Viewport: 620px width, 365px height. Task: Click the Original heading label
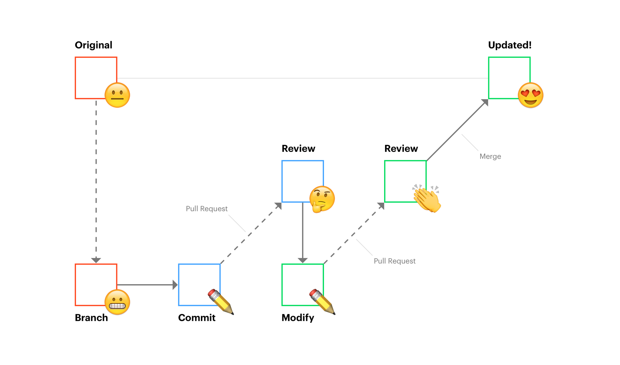click(93, 45)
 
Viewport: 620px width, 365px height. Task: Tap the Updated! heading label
click(510, 45)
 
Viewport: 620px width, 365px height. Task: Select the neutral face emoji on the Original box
click(117, 95)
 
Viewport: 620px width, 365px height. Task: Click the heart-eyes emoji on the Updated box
click(530, 95)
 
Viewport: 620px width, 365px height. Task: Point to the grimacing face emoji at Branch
click(117, 302)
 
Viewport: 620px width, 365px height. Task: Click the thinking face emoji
click(322, 199)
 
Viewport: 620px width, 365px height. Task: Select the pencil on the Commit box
click(221, 301)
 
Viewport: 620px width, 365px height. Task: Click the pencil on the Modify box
click(322, 301)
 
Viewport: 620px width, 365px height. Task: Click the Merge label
click(490, 156)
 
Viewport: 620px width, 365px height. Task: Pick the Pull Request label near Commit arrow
click(206, 209)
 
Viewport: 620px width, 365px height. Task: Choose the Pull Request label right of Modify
click(394, 261)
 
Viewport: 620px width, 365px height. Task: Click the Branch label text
click(91, 318)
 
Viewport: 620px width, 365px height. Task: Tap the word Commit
click(197, 318)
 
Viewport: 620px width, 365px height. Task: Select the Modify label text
click(298, 318)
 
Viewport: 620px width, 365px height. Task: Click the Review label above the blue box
click(298, 149)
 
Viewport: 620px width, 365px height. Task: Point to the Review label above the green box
click(401, 149)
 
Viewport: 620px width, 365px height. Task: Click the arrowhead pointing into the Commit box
click(175, 285)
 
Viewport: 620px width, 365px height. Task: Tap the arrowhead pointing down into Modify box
click(303, 260)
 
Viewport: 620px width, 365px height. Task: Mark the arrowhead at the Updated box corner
click(485, 102)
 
